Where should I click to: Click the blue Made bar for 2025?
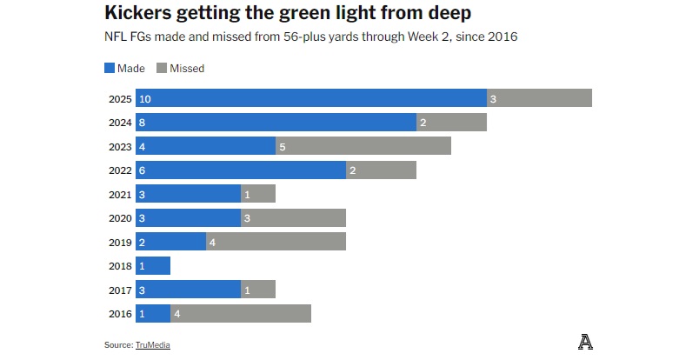click(x=311, y=98)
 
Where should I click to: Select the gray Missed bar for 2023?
click(x=363, y=146)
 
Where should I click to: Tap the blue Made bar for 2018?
click(x=153, y=265)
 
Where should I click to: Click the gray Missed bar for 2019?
click(x=276, y=242)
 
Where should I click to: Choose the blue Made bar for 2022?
click(x=241, y=170)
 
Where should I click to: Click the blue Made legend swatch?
click(x=109, y=68)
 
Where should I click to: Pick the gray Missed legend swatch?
click(x=162, y=68)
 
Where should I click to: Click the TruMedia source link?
click(x=152, y=345)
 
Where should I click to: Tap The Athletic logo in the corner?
click(x=586, y=343)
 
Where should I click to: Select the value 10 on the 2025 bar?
click(x=144, y=99)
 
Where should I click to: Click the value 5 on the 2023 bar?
click(x=283, y=147)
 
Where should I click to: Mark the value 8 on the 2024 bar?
click(x=143, y=123)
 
